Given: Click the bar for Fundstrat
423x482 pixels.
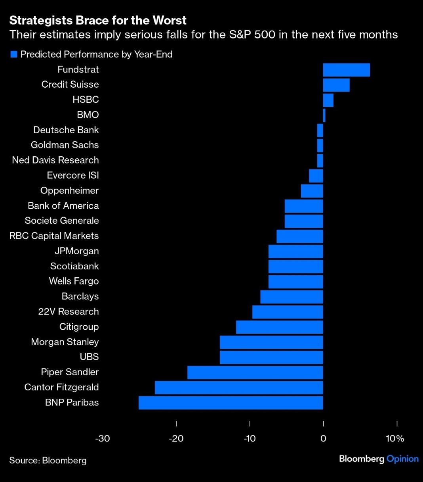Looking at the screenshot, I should pyautogui.click(x=346, y=70).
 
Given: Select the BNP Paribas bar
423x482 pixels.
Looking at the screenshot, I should pyautogui.click(x=231, y=403).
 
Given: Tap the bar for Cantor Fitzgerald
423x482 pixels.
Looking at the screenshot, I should pyautogui.click(x=239, y=388).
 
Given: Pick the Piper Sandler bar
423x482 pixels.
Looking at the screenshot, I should pyautogui.click(x=255, y=373).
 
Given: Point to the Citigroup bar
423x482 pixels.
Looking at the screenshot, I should pyautogui.click(x=280, y=327).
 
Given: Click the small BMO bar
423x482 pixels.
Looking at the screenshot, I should pyautogui.click(x=324, y=115).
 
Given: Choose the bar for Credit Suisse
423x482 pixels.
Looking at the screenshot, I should pyautogui.click(x=336, y=85).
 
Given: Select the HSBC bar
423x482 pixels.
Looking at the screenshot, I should pyautogui.click(x=328, y=100).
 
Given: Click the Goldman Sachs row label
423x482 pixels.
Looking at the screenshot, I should pyautogui.click(x=65, y=145).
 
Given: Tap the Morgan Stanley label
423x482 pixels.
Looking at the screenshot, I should pyautogui.click(x=65, y=342).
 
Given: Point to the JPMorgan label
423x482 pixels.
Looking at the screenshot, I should pyautogui.click(x=76, y=251).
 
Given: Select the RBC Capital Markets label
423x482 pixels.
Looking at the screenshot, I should pyautogui.click(x=54, y=236).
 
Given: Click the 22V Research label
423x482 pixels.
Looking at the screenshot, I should pyautogui.click(x=68, y=312).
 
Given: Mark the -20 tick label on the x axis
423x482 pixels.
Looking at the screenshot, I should pyautogui.click(x=176, y=438).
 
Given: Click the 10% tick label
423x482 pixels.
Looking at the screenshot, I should pyautogui.click(x=395, y=438).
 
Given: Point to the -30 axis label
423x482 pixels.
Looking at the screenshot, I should pyautogui.click(x=103, y=438).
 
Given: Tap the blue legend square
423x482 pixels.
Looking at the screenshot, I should pyautogui.click(x=14, y=54).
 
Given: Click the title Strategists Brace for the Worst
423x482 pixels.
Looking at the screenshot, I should pyautogui.click(x=98, y=21).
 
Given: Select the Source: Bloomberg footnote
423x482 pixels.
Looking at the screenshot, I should pyautogui.click(x=48, y=461).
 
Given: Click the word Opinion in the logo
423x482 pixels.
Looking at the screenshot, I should pyautogui.click(x=402, y=459).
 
